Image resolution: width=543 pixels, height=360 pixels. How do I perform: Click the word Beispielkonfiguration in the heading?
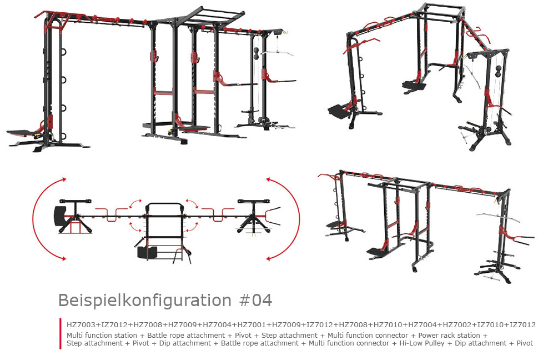[145, 300]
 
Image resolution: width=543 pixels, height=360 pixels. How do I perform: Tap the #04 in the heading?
[255, 300]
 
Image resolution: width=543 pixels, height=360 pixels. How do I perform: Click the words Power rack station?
[449, 336]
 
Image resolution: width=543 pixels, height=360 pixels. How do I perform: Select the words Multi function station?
[102, 336]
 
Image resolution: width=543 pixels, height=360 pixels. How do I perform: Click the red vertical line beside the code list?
[61, 333]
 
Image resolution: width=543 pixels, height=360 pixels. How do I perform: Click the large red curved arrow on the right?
[299, 218]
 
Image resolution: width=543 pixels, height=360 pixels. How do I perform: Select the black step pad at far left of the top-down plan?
[59, 216]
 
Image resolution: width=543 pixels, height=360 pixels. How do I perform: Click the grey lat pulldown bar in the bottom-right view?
[498, 217]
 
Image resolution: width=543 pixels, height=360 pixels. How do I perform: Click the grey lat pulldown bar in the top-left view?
[277, 52]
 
